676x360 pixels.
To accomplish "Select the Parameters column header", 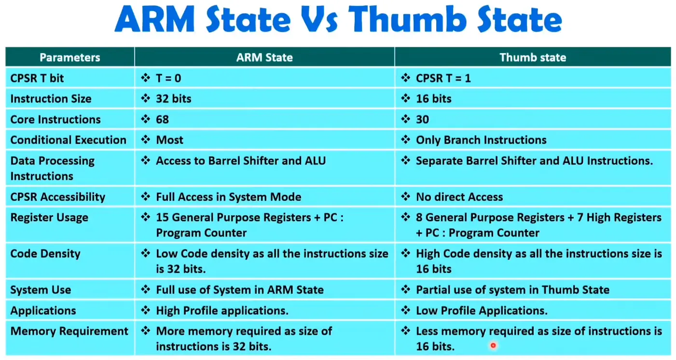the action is [69, 57].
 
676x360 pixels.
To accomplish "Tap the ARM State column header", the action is [264, 57].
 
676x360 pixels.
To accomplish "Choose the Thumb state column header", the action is [533, 57].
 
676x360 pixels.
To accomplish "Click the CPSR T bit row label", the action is [37, 79].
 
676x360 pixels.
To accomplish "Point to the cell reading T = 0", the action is [168, 79].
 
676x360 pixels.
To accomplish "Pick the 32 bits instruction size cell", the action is [174, 99].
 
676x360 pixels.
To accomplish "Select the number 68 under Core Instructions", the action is [162, 120].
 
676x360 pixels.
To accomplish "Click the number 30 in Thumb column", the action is [422, 120].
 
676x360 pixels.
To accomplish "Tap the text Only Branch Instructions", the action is [481, 140].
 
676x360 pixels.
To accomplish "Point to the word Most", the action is [169, 140].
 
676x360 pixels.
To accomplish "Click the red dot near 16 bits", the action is [493, 345].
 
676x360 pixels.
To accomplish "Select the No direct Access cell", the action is [459, 197].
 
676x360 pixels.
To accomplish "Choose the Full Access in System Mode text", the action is [228, 197].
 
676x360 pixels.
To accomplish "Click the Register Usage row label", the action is [49, 218].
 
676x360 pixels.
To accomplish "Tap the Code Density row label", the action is [45, 254].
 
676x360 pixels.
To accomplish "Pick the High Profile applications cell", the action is [222, 310].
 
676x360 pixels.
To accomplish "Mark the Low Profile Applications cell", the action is [482, 310].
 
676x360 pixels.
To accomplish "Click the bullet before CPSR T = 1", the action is [406, 78].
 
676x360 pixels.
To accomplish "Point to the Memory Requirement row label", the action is [69, 332].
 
